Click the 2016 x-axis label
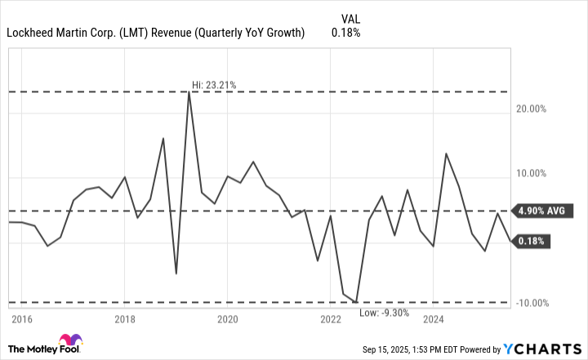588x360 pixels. (x=21, y=319)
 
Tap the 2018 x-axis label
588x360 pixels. (x=124, y=319)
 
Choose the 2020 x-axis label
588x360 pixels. (x=228, y=319)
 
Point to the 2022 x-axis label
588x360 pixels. (x=331, y=319)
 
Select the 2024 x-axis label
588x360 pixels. (x=434, y=319)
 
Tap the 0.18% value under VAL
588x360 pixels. (x=345, y=33)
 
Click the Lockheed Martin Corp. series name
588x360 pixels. (x=155, y=33)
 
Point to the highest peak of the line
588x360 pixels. (x=189, y=92)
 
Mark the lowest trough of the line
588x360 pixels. (x=357, y=303)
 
